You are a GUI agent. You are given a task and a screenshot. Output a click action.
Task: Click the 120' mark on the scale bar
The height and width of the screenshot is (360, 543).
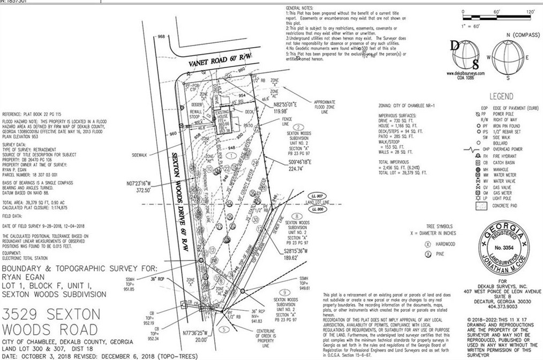(531, 11)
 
